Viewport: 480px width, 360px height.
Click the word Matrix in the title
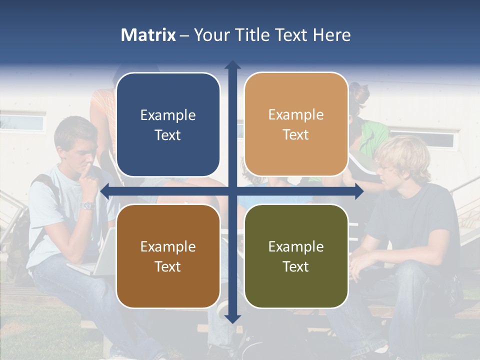point(148,35)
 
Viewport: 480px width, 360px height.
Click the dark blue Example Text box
point(168,124)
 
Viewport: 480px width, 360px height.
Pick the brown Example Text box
point(168,256)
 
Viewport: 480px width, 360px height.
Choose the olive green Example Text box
point(296,256)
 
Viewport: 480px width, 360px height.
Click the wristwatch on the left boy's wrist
point(88,205)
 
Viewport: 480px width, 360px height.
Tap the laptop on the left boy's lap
point(97,262)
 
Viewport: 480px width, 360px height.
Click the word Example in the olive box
point(296,246)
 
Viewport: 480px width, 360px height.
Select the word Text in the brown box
point(168,266)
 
